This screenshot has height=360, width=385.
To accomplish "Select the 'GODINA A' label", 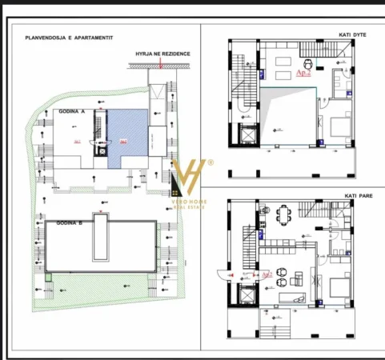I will coord(72,114).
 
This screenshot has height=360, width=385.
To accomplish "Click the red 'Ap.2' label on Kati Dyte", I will coord(303,72).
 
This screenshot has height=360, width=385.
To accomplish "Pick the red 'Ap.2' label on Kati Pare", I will coord(267,274).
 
